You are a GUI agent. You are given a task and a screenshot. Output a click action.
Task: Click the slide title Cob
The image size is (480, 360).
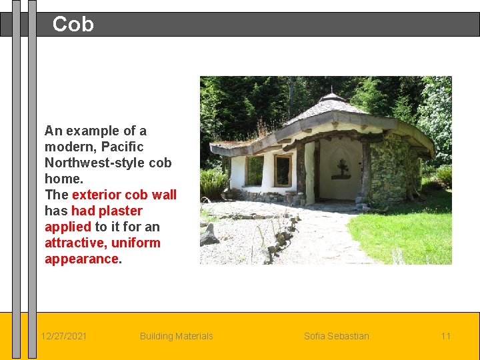[x=73, y=25]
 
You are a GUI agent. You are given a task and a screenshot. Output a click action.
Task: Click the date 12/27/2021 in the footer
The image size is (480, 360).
[x=63, y=336]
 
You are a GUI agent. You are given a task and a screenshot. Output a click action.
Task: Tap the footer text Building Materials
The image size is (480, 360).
[x=176, y=336]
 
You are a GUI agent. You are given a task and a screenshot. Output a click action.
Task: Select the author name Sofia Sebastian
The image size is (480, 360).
[x=336, y=336]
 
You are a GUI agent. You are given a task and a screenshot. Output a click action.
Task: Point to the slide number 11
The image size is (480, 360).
[x=445, y=336]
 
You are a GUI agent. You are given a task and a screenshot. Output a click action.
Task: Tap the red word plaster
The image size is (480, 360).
[x=121, y=211]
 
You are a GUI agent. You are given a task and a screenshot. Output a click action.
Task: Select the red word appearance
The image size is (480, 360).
[x=81, y=259]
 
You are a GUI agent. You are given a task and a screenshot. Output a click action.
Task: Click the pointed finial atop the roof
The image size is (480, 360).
[x=331, y=89]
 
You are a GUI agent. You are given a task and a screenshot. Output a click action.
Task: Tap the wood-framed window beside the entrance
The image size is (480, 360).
[x=283, y=170]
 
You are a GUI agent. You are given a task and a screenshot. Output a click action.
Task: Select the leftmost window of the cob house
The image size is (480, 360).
[x=254, y=170]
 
